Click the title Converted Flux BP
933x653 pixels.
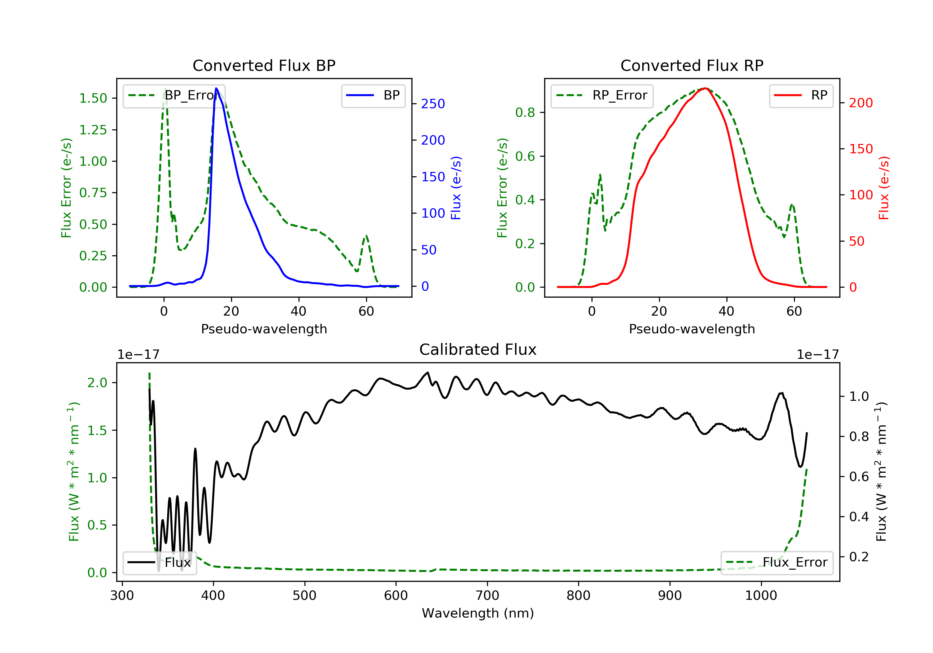264,65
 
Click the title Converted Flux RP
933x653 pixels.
692,65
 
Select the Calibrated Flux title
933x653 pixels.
478,350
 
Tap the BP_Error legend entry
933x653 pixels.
174,96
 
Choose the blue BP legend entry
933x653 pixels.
373,96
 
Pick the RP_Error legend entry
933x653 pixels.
602,96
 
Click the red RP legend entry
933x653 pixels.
801,96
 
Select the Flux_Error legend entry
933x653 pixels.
777,563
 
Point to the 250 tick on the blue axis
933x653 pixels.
433,104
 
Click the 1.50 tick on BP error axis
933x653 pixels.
93,98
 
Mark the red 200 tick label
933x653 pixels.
861,103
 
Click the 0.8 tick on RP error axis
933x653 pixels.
525,113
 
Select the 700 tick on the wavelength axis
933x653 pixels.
487,596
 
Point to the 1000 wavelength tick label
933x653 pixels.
761,596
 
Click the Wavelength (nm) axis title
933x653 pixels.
478,613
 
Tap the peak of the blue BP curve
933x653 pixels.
216,88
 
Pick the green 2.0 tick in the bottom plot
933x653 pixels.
97,383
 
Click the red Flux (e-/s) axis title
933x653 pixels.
884,188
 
